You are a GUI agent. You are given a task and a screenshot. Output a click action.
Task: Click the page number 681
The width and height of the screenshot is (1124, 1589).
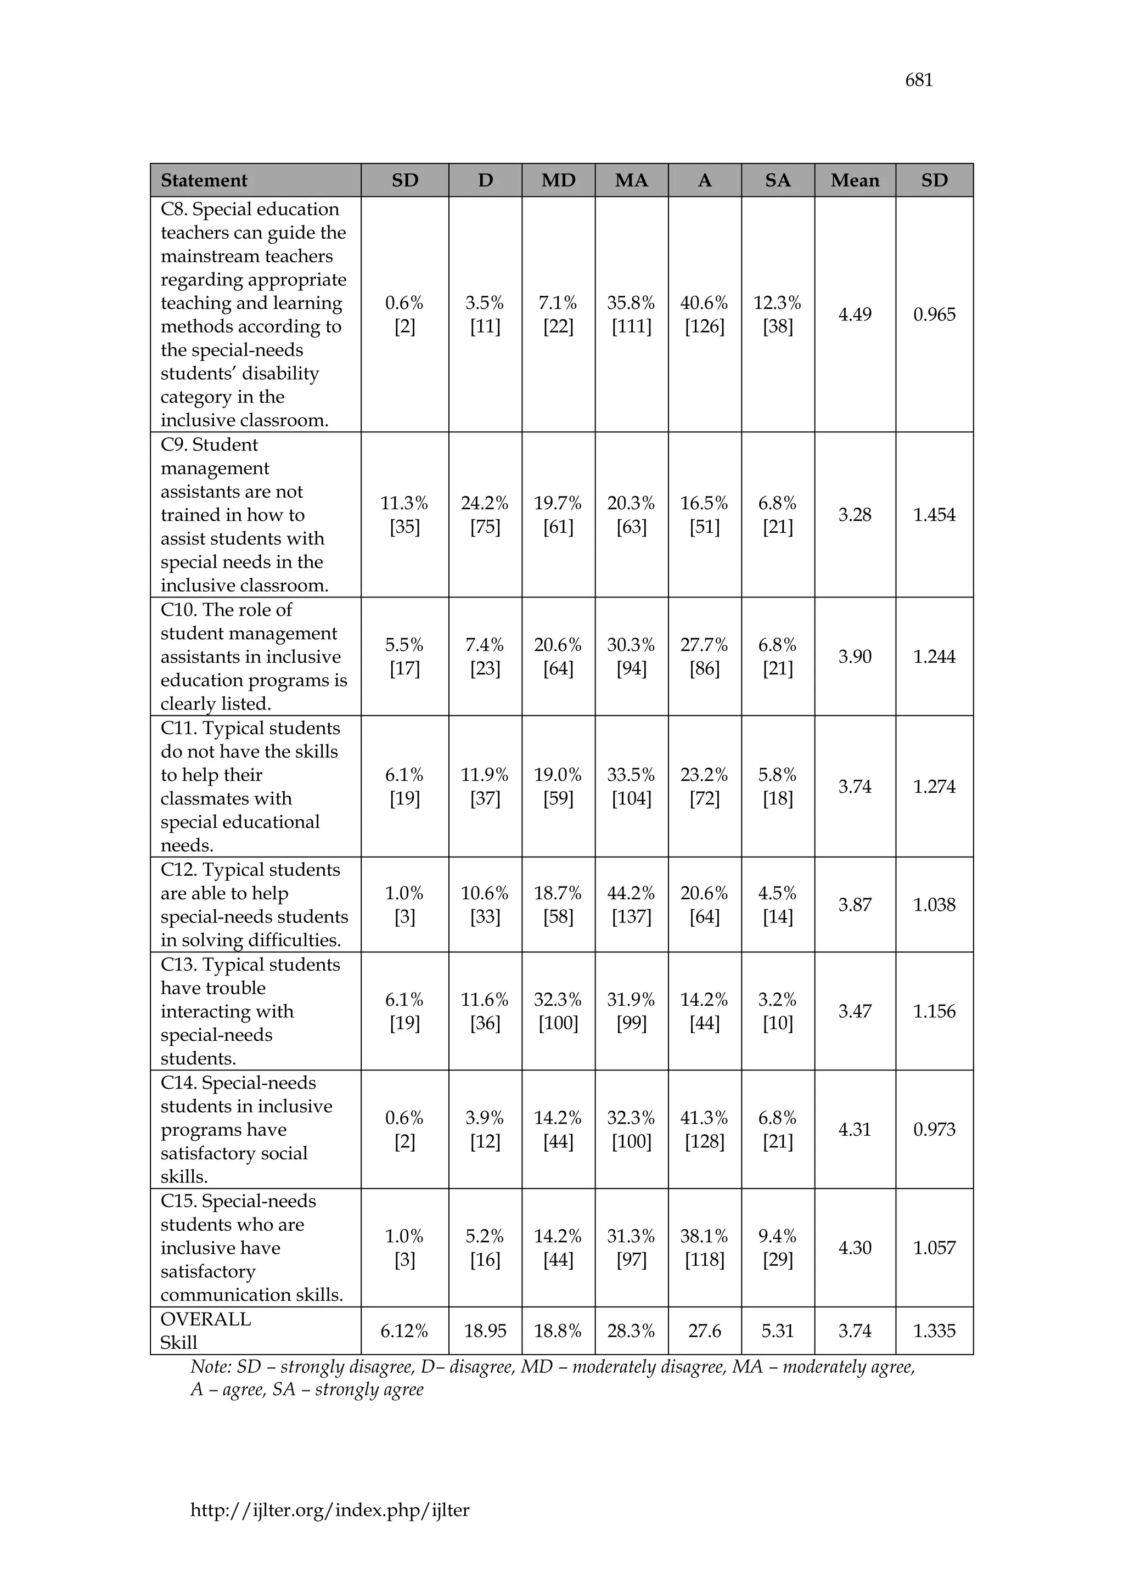pos(918,80)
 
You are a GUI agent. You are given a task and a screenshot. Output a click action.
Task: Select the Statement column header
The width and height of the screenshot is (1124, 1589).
pos(204,181)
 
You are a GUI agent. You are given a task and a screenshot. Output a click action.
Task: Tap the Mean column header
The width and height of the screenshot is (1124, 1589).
pos(855,181)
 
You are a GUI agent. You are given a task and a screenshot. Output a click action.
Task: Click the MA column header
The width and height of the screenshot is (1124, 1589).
pos(631,181)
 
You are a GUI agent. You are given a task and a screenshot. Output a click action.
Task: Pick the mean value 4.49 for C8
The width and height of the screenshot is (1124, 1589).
pos(855,315)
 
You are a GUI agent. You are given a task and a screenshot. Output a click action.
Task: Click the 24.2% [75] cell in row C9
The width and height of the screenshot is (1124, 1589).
pos(485,515)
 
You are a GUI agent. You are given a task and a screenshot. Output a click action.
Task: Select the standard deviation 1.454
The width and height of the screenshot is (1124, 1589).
pos(934,515)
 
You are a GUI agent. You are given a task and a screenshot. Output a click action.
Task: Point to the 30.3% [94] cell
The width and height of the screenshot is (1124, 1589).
pos(631,657)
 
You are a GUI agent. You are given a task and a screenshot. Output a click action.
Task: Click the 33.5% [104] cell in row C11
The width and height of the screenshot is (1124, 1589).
pos(631,787)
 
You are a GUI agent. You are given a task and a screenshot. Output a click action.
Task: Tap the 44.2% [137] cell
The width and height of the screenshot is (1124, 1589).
pos(631,905)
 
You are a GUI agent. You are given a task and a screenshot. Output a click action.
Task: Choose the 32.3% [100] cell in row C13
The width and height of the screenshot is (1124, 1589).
pos(558,1012)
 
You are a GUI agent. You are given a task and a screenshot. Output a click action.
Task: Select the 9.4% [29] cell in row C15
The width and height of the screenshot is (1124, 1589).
pos(777,1248)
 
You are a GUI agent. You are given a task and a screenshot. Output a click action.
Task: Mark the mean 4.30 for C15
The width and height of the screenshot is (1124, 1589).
pos(855,1248)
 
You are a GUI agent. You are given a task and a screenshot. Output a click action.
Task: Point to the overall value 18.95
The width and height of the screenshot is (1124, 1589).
pos(485,1331)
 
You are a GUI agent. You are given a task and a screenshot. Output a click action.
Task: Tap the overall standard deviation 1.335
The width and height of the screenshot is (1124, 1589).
pos(934,1331)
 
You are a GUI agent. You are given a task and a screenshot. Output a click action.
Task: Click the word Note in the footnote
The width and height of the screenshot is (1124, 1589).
pos(210,1367)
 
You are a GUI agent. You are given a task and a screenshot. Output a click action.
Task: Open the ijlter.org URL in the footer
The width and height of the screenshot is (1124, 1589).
pos(329,1510)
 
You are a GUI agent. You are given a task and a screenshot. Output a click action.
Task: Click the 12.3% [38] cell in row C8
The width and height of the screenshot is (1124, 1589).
pos(777,315)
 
